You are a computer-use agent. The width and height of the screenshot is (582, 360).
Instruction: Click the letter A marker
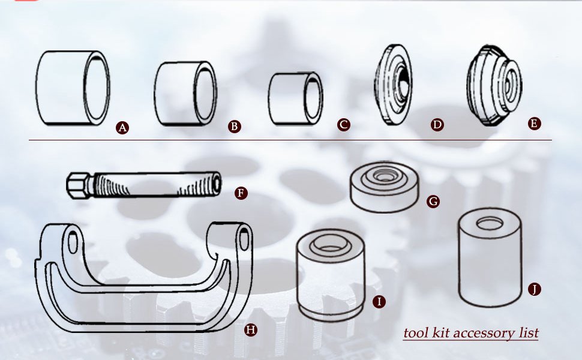coord(122,128)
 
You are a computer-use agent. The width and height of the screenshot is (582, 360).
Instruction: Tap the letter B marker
coord(234,127)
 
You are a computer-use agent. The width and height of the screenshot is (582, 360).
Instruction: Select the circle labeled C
coord(344,125)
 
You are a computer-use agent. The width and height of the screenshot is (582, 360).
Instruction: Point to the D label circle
coord(437,125)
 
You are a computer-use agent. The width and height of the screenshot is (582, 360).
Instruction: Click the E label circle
coord(534,124)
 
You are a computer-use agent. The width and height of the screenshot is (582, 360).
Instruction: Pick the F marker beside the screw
coord(241,193)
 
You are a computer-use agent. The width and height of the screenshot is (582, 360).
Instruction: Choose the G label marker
coord(433,202)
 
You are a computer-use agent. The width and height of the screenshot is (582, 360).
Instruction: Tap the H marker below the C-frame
coord(251,329)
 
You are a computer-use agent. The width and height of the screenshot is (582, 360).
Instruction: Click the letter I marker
coord(379,301)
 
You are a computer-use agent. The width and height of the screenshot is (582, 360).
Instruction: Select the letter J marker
coord(535,289)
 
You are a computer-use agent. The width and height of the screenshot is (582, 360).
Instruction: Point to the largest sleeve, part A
coord(73,88)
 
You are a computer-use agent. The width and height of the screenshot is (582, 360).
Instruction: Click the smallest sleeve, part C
coord(295,99)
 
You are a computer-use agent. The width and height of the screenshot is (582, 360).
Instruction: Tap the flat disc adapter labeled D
coord(393,85)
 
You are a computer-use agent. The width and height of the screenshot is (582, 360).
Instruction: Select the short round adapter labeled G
coord(384,187)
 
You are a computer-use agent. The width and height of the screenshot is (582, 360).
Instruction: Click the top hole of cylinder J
coord(490,223)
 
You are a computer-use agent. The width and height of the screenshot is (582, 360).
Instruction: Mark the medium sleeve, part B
coord(185,94)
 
